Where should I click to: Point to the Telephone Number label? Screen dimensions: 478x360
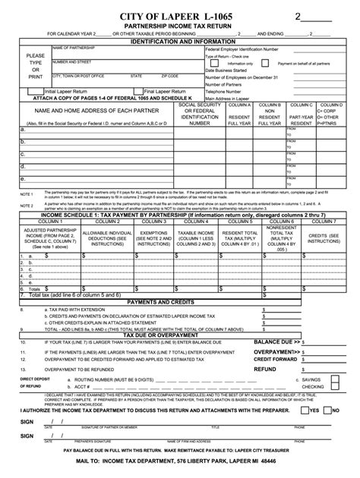click(x=227, y=90)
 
